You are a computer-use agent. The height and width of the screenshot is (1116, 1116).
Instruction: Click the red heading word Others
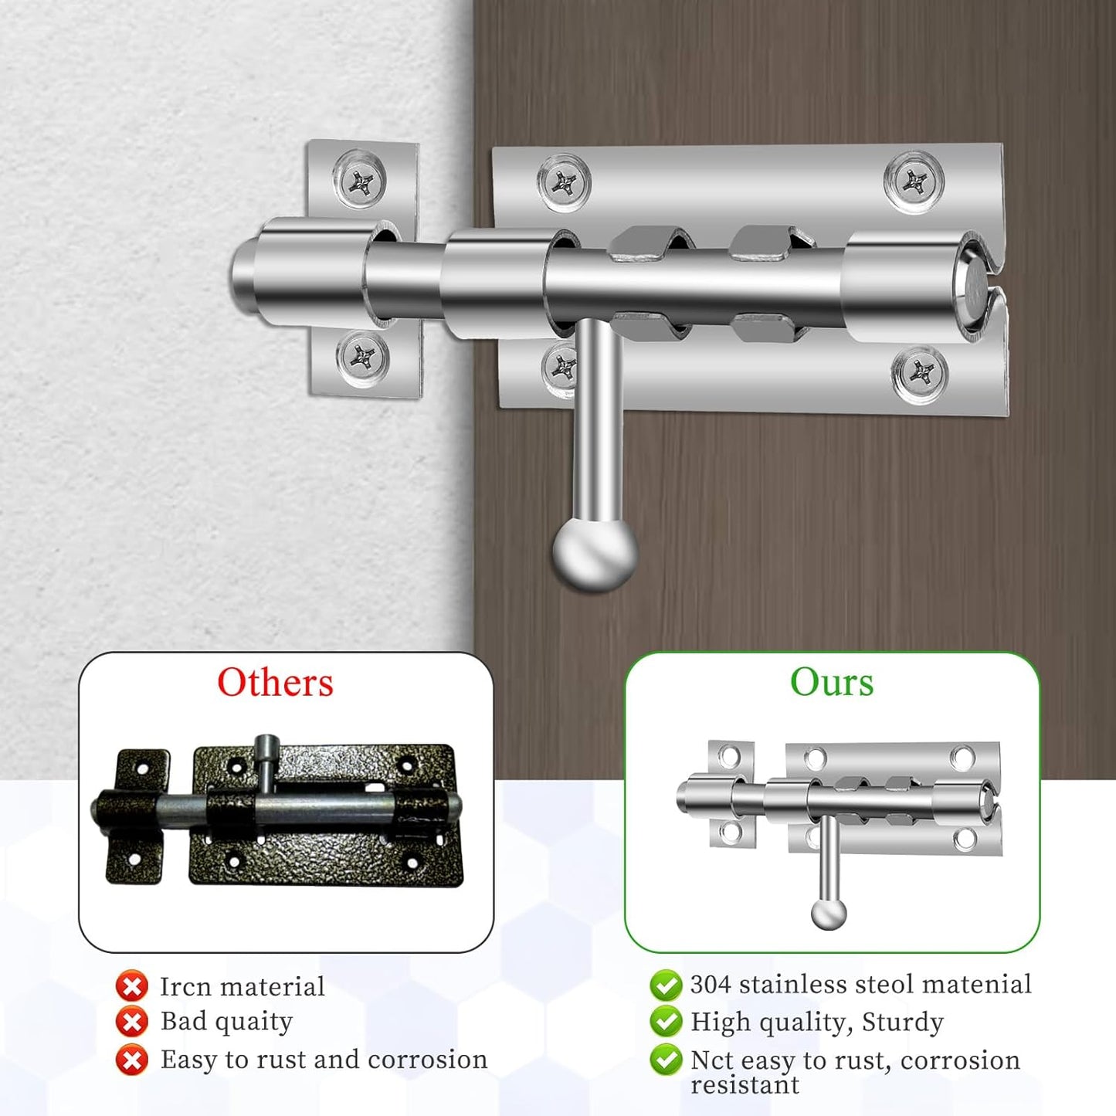(275, 683)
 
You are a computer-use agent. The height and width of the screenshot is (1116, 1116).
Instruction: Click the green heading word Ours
(832, 682)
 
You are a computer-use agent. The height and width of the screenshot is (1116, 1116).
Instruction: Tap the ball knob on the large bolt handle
(595, 553)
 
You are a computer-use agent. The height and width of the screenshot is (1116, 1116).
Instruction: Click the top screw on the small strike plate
(359, 182)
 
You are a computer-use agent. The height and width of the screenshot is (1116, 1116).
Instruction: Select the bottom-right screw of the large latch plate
(920, 375)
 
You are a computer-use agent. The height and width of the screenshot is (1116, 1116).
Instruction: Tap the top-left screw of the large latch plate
(564, 184)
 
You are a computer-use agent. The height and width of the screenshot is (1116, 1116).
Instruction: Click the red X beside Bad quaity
(132, 1022)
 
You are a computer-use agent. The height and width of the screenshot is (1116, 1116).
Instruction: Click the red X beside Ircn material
(132, 986)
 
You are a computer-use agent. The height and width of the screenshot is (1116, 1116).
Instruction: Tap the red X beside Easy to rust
(132, 1060)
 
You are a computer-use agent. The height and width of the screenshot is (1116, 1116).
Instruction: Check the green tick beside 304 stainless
(666, 985)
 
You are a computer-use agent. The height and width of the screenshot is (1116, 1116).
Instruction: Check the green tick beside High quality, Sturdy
(666, 1022)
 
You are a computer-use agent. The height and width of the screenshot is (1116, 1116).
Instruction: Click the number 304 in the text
(711, 984)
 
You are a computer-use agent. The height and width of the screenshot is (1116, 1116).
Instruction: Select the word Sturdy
(902, 1022)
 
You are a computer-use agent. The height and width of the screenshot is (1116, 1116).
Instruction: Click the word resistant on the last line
(745, 1085)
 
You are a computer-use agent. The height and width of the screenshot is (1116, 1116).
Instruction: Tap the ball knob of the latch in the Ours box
(829, 914)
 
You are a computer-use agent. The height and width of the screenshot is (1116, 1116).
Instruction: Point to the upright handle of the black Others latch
(266, 761)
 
